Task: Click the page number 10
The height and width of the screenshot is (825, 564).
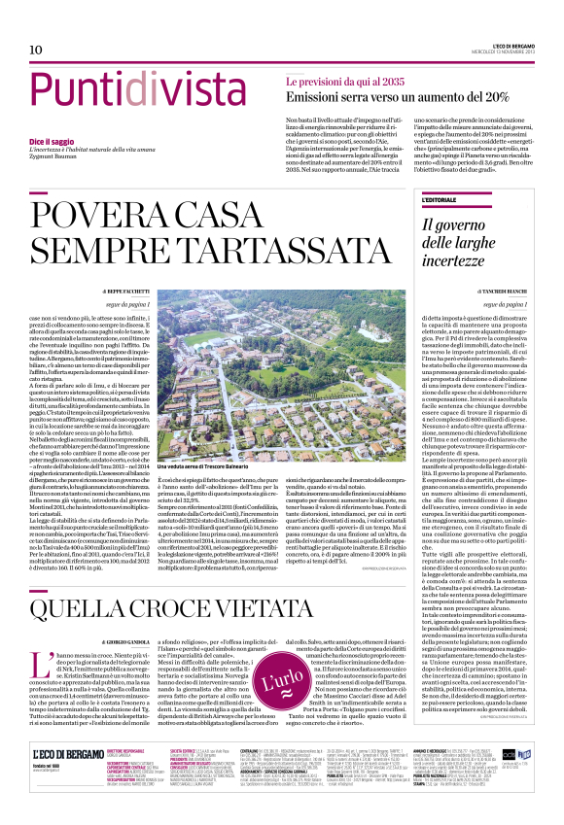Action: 35,50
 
